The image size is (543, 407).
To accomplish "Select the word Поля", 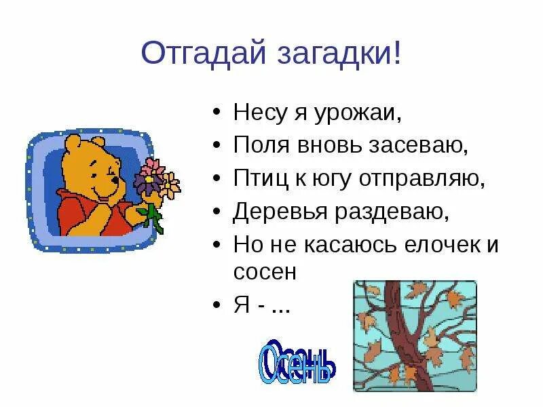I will (x=257, y=144).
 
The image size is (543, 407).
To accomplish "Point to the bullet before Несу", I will (x=216, y=113).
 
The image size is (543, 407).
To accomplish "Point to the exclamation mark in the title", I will (x=396, y=52).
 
